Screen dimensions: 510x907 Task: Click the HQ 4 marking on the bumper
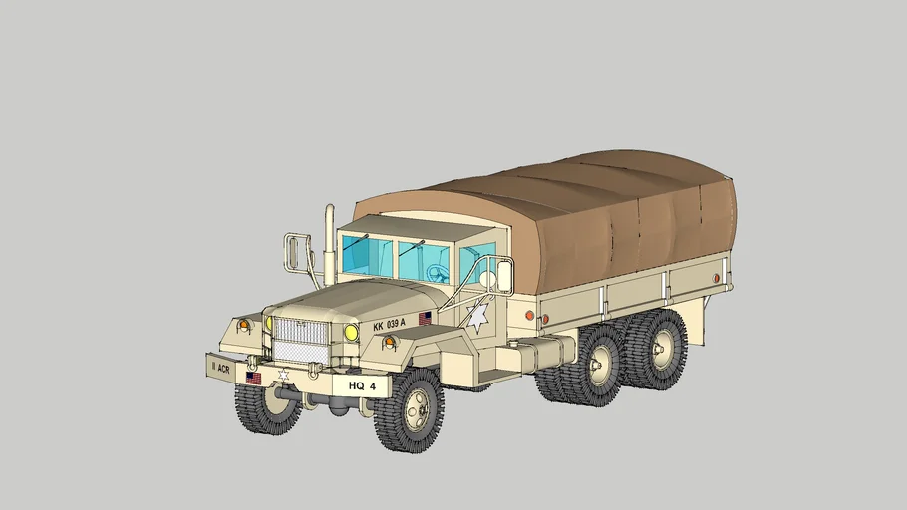(x=362, y=385)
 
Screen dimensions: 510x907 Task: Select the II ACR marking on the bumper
(x=220, y=367)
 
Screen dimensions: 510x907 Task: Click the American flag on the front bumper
(x=253, y=379)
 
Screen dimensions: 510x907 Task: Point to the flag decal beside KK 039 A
(x=425, y=318)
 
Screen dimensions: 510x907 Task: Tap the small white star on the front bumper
(x=282, y=375)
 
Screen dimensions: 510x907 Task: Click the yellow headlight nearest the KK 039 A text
(x=351, y=333)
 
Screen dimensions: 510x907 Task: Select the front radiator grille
(x=300, y=339)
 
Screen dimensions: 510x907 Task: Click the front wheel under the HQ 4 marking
(x=410, y=409)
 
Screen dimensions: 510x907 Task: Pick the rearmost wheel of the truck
(x=658, y=349)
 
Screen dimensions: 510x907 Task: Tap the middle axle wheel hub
(x=601, y=366)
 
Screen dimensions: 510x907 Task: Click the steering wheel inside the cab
(x=436, y=272)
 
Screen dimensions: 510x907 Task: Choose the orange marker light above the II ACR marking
(x=243, y=325)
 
